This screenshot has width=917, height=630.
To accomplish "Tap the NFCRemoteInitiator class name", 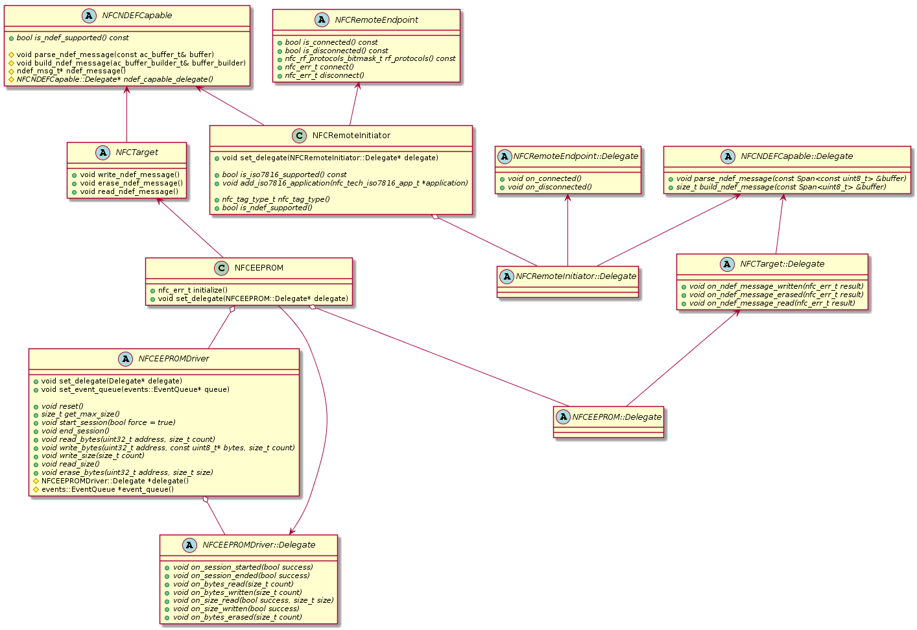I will (351, 136).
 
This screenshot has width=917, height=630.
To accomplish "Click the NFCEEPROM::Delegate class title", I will (617, 417).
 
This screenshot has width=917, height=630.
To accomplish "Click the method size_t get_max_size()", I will (80, 414).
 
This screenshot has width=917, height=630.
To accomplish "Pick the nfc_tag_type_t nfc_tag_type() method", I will (276, 199).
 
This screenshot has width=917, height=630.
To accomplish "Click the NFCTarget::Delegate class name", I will (782, 264).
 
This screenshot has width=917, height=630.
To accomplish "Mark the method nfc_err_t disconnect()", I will (324, 75).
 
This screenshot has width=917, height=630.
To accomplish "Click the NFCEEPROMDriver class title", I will (174, 359).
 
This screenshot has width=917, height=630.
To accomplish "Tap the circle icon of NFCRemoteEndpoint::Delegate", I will (505, 156).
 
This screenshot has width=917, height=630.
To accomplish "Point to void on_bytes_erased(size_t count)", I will (237, 617).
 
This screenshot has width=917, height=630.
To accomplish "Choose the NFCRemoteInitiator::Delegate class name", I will (576, 276).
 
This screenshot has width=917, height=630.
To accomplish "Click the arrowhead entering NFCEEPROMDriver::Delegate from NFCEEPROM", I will (293, 530).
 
